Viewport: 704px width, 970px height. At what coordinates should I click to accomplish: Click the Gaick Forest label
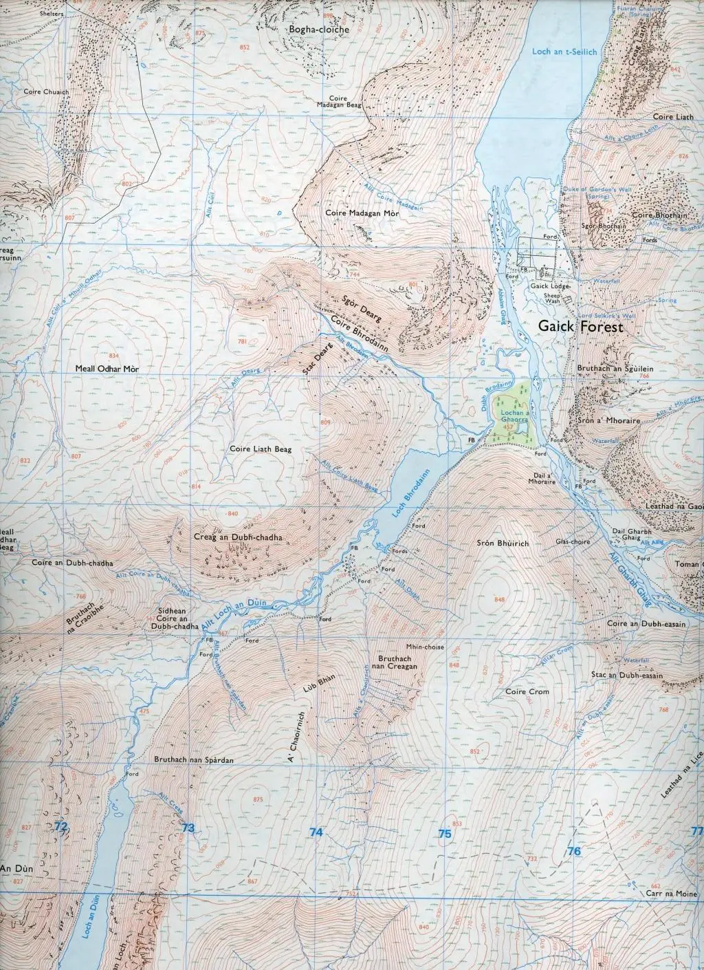point(581,327)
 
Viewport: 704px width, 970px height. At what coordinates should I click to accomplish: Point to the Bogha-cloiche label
point(319,30)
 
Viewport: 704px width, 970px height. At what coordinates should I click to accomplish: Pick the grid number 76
point(575,851)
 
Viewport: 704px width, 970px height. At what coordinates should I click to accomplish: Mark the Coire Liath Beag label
point(261,449)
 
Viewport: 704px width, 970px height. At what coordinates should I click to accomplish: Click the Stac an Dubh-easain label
point(626,676)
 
